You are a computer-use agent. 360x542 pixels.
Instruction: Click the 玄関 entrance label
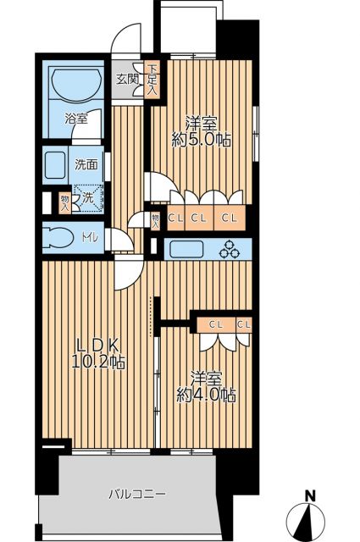click(x=127, y=80)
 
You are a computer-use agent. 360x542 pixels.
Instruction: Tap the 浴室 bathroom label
click(x=76, y=119)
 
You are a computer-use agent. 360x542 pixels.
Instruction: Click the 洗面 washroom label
click(x=85, y=165)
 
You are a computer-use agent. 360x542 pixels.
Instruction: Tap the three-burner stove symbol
click(x=230, y=249)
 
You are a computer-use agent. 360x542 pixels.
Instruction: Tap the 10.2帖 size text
click(x=102, y=362)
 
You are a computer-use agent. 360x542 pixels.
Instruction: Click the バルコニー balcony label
click(x=137, y=494)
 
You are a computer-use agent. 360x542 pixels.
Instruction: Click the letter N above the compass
click(x=311, y=496)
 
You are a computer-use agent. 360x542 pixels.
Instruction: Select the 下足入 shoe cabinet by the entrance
click(x=152, y=80)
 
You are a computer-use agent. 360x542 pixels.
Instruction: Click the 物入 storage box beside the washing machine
click(x=64, y=202)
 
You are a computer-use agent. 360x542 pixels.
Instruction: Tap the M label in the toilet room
click(x=90, y=238)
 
